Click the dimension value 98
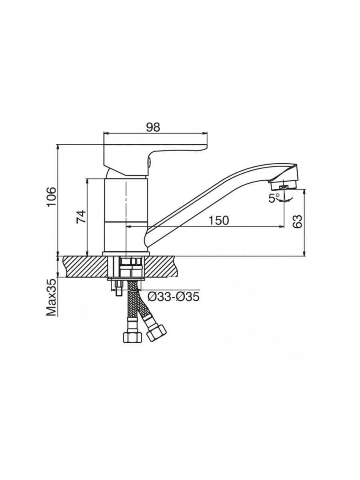click(x=153, y=128)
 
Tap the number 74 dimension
click(x=81, y=217)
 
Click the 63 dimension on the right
click(x=298, y=222)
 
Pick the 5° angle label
click(x=274, y=198)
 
